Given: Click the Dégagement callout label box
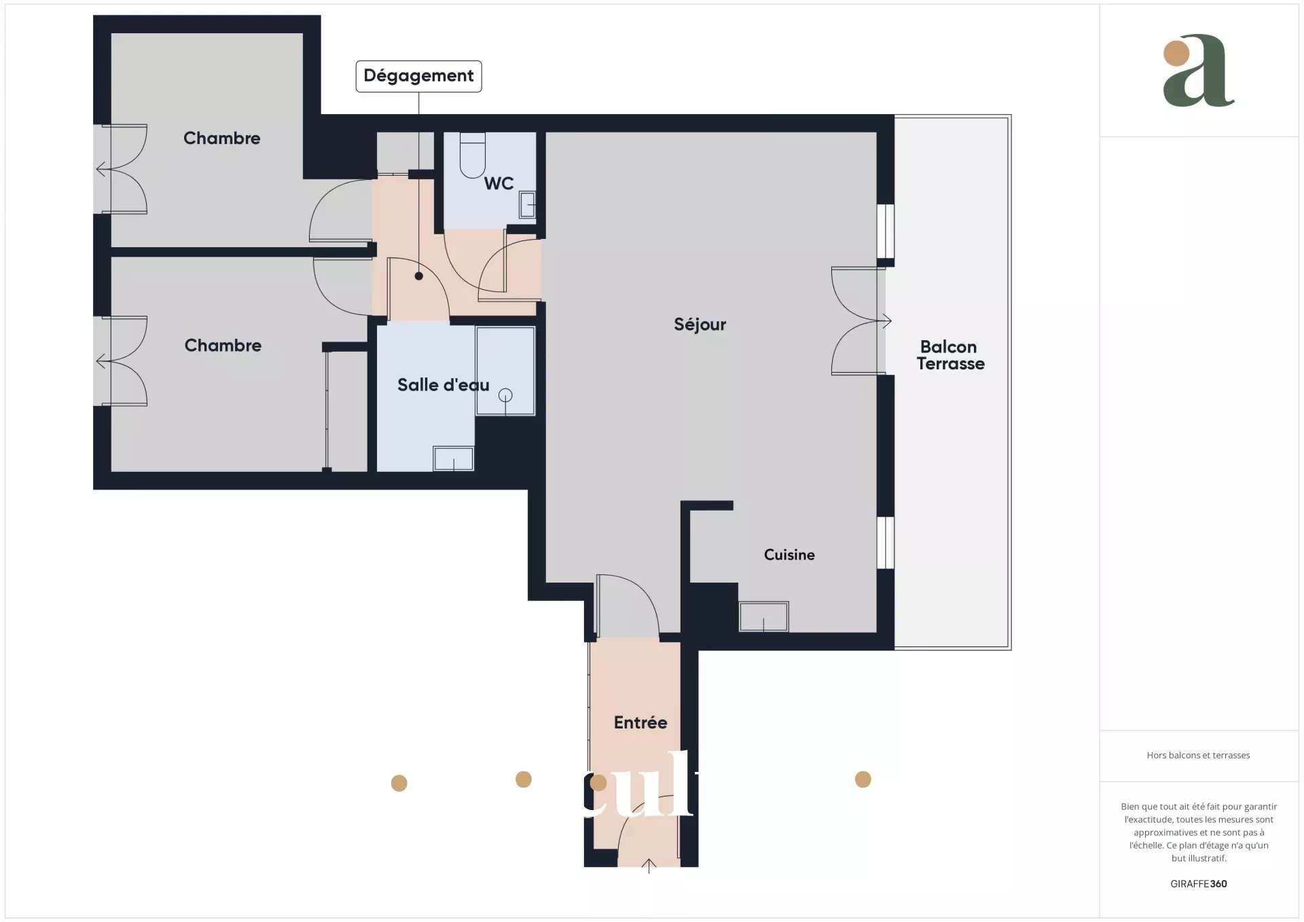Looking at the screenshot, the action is (418, 76).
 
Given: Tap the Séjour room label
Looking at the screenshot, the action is (700, 325).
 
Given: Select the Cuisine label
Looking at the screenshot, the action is (789, 555).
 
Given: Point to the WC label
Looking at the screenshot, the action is (499, 183).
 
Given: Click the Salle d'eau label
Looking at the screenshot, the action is (443, 385).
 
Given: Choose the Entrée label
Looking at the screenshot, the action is (640, 722).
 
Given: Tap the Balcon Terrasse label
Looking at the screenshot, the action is (950, 355).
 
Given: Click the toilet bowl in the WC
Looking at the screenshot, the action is (473, 155).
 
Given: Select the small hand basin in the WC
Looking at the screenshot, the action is (528, 204).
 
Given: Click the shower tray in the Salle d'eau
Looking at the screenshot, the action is (505, 371).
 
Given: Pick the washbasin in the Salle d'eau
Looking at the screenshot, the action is (454, 458).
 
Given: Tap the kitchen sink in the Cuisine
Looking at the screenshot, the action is (764, 616).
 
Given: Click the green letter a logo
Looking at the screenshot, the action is (1199, 71).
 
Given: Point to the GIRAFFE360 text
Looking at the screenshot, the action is (1199, 884).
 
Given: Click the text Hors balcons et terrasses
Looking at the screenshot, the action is (1198, 755).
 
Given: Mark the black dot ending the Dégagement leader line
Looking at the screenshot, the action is (419, 276).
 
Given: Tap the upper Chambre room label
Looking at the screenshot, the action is (222, 139).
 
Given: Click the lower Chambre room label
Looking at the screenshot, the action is (223, 346).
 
